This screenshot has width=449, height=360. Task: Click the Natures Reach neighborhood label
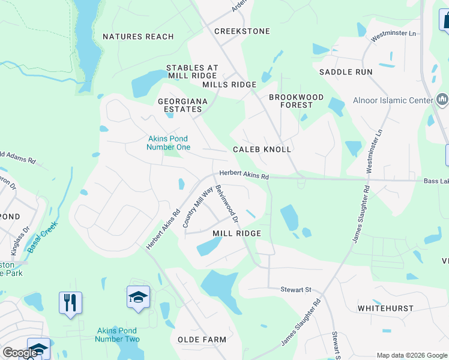138,37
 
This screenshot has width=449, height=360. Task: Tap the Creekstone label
242,31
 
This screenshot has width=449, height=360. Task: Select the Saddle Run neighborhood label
346,72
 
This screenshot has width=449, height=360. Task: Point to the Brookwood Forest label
296,101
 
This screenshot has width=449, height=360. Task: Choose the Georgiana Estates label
182,106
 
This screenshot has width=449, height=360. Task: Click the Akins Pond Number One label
169,143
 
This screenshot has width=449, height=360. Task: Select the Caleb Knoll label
262,149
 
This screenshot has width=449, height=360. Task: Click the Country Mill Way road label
197,207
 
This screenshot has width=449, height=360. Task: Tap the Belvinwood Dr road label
227,202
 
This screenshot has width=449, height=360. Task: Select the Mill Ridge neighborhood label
237,233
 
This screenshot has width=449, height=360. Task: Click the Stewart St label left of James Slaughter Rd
296,289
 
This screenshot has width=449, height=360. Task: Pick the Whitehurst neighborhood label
385,308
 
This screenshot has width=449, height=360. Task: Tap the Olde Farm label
201,340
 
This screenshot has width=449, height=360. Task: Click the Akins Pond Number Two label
117,335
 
